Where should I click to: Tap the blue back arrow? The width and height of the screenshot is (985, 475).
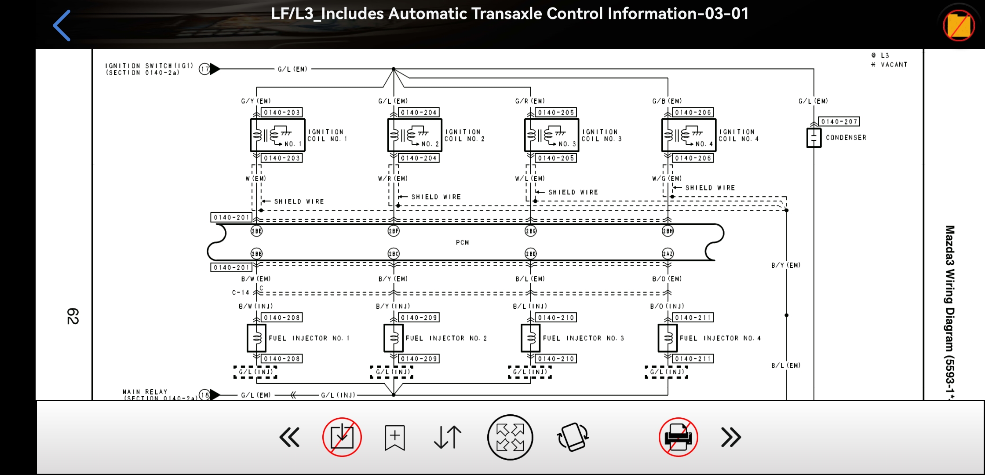62,26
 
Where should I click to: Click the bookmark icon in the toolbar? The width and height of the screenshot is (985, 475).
394,438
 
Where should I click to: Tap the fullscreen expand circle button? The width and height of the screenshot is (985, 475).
510,438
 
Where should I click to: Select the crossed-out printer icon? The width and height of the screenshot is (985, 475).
678,438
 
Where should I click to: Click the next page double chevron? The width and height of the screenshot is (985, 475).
731,438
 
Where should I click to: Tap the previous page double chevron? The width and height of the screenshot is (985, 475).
289,438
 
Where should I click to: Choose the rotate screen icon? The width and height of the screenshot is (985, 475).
573,438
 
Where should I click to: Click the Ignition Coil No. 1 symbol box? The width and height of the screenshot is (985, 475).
277,135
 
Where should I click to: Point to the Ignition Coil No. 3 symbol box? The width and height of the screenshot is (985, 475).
551,135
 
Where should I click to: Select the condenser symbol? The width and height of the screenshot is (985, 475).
814,138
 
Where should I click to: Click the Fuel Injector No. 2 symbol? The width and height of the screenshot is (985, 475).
394,338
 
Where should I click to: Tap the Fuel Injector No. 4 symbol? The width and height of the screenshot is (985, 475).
668,338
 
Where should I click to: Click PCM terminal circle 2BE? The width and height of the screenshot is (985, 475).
256,231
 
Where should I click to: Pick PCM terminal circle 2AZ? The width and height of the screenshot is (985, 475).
668,253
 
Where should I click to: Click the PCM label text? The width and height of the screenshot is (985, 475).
462,242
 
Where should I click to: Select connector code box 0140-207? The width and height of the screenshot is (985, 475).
839,121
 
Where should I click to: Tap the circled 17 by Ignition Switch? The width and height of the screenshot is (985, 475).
204,69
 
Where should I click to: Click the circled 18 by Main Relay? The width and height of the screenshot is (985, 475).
204,395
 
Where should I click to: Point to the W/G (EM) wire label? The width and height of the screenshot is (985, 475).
667,179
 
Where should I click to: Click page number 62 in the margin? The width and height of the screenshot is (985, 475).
73,316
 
